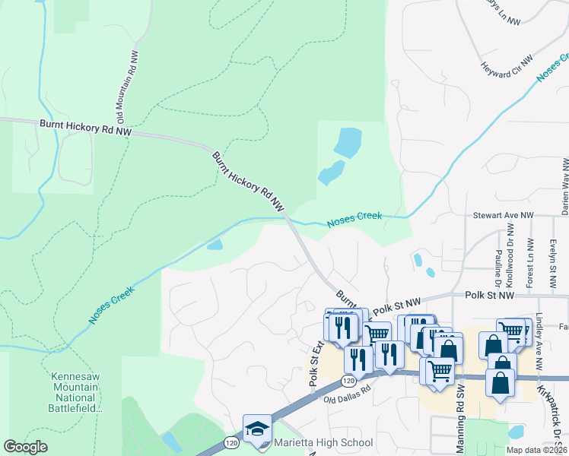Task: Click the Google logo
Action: tap(26, 447)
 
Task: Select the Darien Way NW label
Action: tap(564, 183)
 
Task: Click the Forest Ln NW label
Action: tap(529, 266)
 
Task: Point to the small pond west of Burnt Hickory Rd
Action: tap(215, 245)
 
